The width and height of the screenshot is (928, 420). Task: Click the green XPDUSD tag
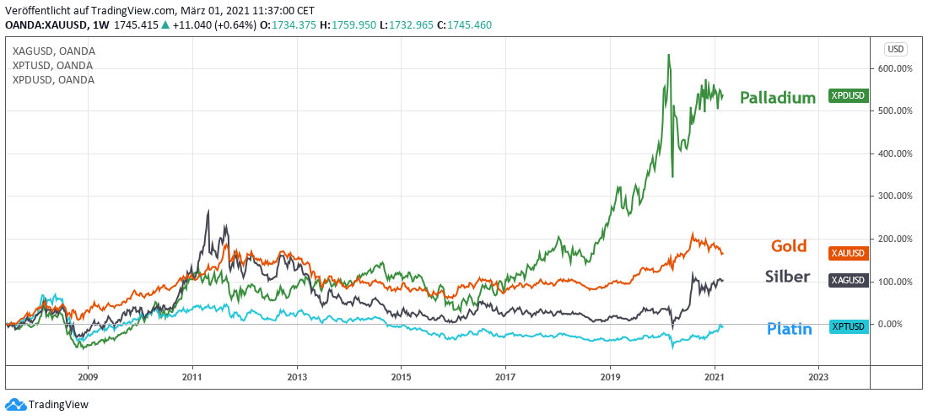[x=848, y=96]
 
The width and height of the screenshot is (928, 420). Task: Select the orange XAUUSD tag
[x=848, y=252]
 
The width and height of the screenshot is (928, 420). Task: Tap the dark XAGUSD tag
[x=848, y=280]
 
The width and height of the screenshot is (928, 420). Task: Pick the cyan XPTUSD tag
[x=848, y=326]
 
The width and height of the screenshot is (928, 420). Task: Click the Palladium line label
[x=777, y=98]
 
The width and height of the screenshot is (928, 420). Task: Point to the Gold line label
[x=790, y=246]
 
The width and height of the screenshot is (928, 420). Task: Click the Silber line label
[x=787, y=277]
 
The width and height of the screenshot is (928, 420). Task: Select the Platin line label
[x=789, y=329]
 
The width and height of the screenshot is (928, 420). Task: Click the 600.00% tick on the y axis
[x=895, y=68]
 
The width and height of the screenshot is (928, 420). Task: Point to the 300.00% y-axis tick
[x=895, y=196]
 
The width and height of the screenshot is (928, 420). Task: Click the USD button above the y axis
[x=896, y=48]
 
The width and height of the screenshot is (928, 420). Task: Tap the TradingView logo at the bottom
[x=47, y=405]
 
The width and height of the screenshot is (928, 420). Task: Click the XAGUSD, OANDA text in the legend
[x=53, y=51]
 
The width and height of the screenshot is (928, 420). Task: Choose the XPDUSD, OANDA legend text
[x=53, y=80]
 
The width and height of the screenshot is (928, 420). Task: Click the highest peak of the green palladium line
[x=669, y=56]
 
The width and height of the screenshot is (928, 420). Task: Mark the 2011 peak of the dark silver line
[x=208, y=212]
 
